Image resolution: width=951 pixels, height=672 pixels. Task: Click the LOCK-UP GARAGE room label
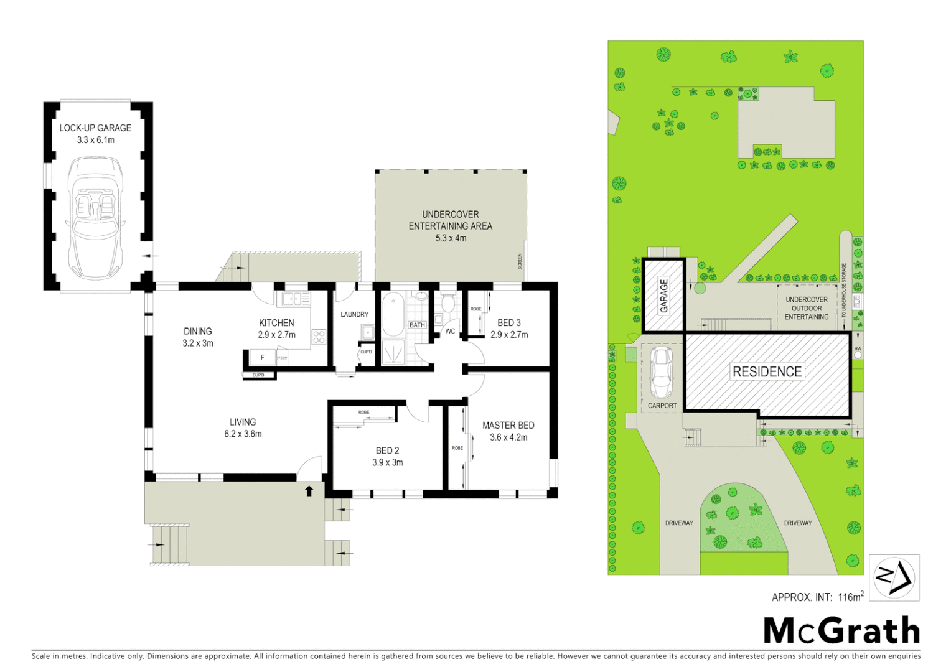[95, 128]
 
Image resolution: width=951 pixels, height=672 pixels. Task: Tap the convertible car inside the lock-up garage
[95, 218]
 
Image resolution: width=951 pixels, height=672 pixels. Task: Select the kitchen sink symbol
[296, 299]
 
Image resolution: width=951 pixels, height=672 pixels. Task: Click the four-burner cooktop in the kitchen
[319, 337]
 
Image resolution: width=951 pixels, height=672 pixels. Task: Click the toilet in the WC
[447, 304]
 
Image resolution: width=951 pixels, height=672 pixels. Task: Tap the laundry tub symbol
[368, 332]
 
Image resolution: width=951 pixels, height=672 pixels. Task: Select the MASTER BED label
[508, 426]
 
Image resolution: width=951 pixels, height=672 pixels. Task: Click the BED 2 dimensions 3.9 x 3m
[388, 462]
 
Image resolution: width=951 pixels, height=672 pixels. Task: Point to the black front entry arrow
[309, 491]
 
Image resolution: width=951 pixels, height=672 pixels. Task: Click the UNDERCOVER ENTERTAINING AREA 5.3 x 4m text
[450, 226]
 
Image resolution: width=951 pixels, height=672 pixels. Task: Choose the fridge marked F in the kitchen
[262, 358]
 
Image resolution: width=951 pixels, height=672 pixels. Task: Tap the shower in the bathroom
[393, 353]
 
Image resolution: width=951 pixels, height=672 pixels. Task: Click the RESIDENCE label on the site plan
[767, 372]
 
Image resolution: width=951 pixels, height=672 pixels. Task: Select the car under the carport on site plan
[661, 373]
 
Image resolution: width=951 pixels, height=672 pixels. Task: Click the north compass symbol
[894, 578]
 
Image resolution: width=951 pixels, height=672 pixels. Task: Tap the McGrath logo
[841, 631]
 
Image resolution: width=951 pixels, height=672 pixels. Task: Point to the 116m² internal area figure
[850, 597]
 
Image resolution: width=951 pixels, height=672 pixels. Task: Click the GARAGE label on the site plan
[664, 296]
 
